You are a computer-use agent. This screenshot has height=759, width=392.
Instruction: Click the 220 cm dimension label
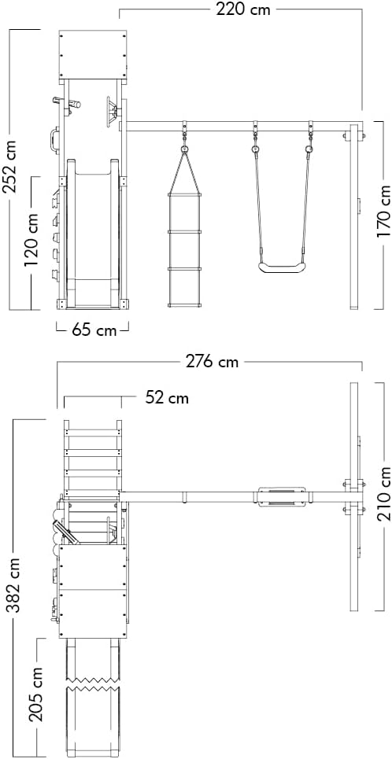[243, 9]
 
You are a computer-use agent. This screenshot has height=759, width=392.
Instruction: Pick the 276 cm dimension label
[213, 361]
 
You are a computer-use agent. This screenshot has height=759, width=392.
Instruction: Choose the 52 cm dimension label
[167, 398]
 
